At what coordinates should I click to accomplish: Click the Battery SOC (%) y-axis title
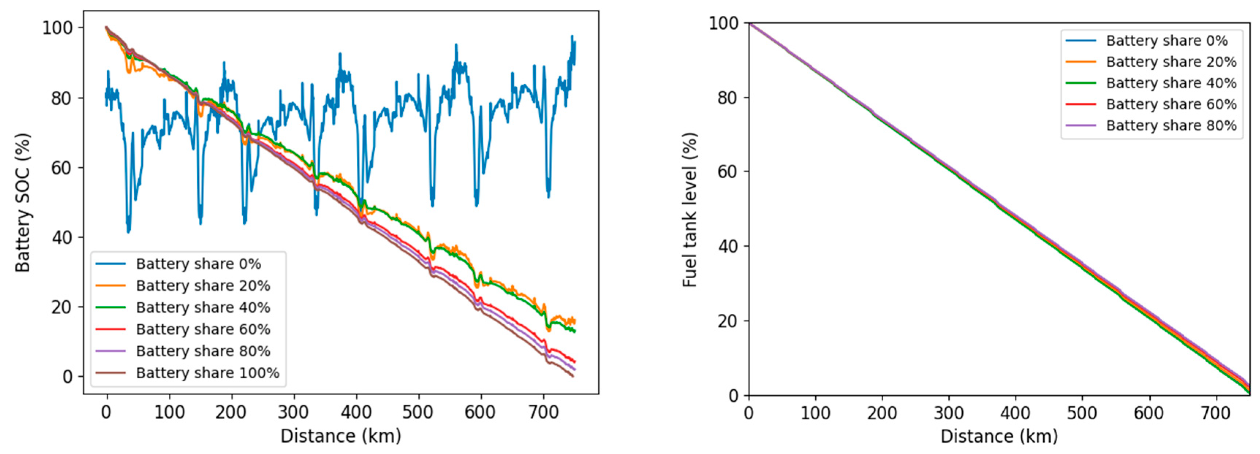[x=23, y=202]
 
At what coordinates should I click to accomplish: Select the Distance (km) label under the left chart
[x=341, y=436]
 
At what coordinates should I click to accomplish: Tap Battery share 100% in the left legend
[x=208, y=373]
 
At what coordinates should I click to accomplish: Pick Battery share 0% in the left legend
[x=198, y=264]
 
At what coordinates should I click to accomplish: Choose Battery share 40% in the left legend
[x=203, y=308]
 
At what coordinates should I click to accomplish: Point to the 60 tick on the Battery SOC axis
[x=61, y=168]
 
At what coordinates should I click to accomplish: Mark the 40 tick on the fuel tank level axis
[x=728, y=246]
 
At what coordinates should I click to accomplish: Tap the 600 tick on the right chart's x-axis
[x=1149, y=413]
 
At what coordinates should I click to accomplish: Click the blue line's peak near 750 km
[x=572, y=37]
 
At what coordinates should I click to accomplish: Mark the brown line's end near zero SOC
[x=572, y=376]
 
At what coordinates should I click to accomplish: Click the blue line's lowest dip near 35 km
[x=129, y=232]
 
